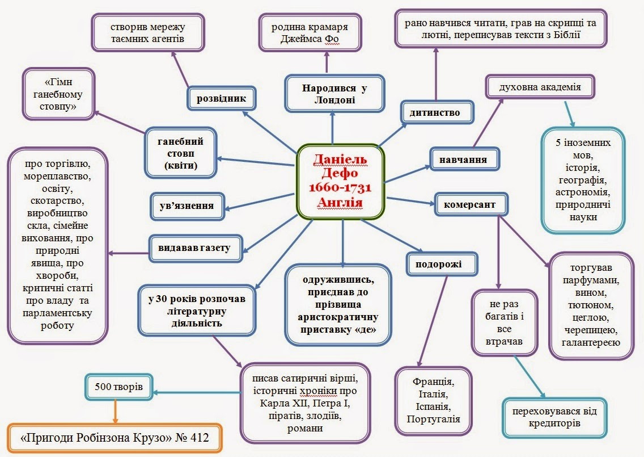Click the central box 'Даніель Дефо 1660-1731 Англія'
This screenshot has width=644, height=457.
click(341, 181)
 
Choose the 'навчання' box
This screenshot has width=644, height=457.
click(466, 159)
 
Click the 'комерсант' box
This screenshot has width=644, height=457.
click(470, 204)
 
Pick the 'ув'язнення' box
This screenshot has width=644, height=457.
click(186, 205)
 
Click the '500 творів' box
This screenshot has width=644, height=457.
click(119, 388)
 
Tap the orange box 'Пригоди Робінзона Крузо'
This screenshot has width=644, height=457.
click(115, 438)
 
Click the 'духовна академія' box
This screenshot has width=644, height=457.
click(539, 88)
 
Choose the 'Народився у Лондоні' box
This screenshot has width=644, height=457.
click(332, 94)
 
